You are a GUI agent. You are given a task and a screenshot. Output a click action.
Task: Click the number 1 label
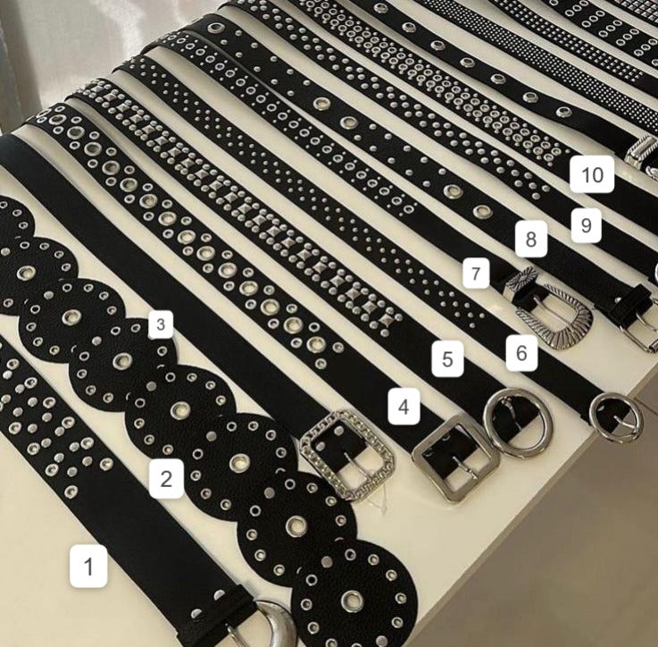pos(88,566)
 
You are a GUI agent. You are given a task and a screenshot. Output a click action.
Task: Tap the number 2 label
pos(166,478)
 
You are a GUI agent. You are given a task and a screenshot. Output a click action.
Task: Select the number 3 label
pos(161,324)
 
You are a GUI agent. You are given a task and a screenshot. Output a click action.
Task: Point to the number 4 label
pos(404,407)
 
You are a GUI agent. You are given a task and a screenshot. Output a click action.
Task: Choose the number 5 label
pos(448,358)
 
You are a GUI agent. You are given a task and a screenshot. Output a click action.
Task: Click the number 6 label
pos(521,353)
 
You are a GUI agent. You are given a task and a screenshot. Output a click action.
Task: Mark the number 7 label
pos(476,273)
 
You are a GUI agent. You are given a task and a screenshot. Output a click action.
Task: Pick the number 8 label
pos(531,239)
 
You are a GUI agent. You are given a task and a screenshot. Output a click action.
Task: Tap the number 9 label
pos(587,225)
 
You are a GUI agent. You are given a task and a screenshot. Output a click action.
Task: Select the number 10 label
pos(592,174)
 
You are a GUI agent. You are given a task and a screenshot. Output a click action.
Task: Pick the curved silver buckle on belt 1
pos(278,621)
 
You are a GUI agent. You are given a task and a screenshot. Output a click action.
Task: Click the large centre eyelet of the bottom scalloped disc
pos(352,601)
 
